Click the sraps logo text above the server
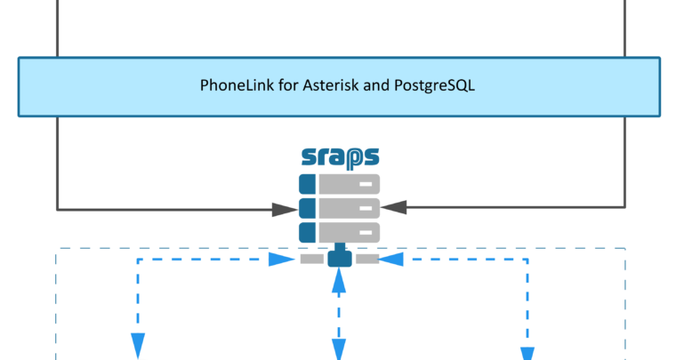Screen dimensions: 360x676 coord(340,157)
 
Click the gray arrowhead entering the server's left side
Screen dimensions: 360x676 coord(284,210)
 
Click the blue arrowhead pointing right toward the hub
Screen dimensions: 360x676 coord(282,260)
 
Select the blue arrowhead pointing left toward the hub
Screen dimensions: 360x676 coord(392,260)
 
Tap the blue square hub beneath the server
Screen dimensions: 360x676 coord(339,259)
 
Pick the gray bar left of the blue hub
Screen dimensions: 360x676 coord(312,259)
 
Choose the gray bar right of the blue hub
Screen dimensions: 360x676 coord(366,259)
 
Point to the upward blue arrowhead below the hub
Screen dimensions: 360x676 coord(338,281)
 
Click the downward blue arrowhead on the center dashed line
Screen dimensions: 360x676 coord(338,349)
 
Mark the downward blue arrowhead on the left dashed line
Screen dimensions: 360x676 coord(138,344)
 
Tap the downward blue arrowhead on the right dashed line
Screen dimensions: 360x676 coord(527,353)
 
